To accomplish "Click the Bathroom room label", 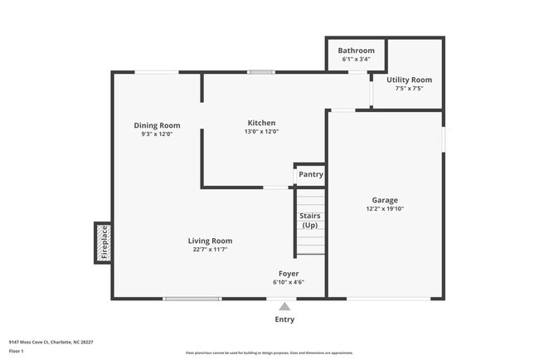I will tap(356, 51).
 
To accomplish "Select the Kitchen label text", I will tap(261, 123).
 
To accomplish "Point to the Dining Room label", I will tap(157, 125).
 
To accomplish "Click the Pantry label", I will tap(311, 174).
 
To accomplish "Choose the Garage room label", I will tap(385, 200).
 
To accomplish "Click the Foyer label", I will tap(289, 273).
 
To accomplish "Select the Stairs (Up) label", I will tap(309, 221).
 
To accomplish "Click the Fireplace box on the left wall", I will tap(104, 243).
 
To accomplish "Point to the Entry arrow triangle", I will tap(284, 306).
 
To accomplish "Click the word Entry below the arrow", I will tap(284, 319).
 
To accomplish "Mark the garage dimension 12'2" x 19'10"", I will tap(385, 209).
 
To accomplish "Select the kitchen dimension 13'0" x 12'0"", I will tap(261, 132).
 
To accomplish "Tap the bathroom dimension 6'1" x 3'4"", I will tap(356, 60).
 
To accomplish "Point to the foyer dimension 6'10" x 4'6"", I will tap(289, 282).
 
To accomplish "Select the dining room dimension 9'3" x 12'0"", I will tap(157, 134).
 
